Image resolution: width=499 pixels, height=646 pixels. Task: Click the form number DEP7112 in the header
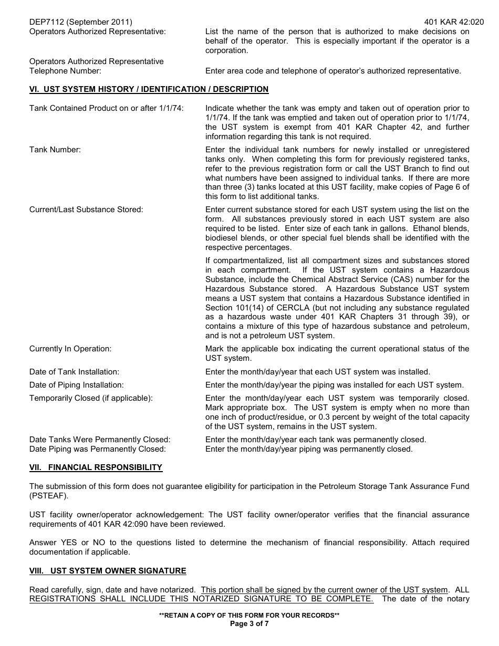click(x=46, y=22)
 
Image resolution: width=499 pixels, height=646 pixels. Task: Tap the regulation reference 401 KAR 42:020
click(x=446, y=22)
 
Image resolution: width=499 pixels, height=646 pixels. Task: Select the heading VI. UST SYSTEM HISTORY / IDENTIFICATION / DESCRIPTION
click(x=149, y=89)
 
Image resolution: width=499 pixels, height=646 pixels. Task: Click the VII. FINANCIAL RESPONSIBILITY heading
click(x=96, y=467)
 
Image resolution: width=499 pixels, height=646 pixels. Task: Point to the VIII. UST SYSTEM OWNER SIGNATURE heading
click(x=108, y=571)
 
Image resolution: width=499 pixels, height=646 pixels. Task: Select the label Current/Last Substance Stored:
click(x=86, y=210)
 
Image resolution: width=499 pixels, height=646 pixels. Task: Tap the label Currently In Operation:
click(x=70, y=349)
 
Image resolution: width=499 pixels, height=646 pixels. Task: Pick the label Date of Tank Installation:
click(x=74, y=372)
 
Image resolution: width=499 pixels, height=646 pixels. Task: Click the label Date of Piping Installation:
click(x=77, y=385)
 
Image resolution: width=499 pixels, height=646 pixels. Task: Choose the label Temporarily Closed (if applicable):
click(x=91, y=398)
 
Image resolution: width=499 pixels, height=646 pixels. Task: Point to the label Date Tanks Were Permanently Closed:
click(x=100, y=440)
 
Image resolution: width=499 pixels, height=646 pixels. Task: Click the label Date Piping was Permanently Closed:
click(x=98, y=449)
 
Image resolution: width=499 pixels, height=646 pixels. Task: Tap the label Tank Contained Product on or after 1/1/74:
click(x=107, y=108)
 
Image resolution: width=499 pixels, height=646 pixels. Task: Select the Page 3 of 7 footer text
click(x=249, y=624)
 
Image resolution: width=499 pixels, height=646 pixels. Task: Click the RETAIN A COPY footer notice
click(x=249, y=616)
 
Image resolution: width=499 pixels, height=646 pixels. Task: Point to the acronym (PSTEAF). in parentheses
click(x=49, y=496)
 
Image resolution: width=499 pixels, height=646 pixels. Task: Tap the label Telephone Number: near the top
click(x=65, y=71)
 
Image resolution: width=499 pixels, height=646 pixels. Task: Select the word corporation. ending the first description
click(x=226, y=50)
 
